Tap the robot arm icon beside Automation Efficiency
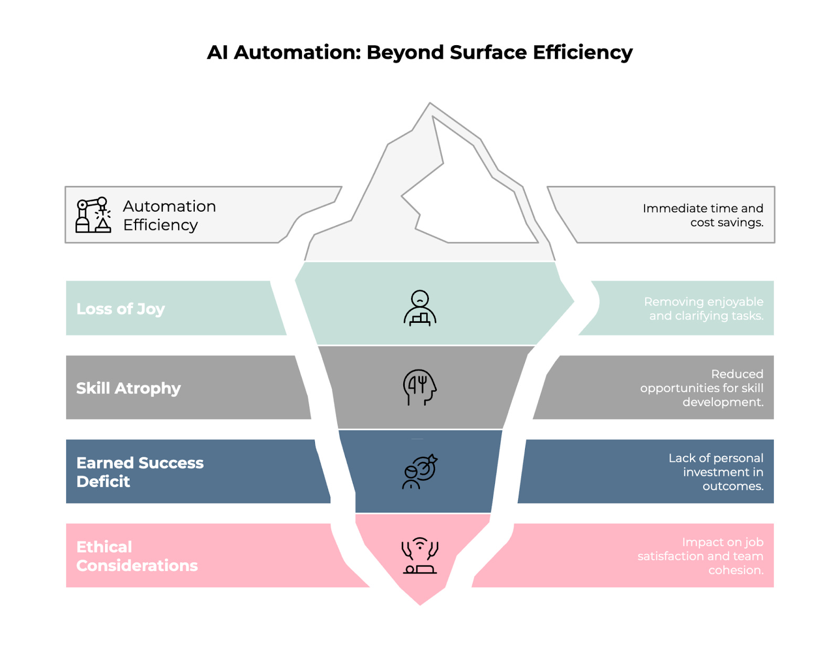point(93,215)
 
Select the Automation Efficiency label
point(169,215)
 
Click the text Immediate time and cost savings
point(703,215)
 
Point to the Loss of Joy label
point(120,309)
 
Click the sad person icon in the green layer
point(420,308)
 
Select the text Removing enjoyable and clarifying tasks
point(703,309)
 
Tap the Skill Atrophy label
point(128,388)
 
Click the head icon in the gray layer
point(419,387)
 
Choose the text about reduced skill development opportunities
point(702,388)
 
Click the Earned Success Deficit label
point(140,472)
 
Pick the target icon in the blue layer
point(419,471)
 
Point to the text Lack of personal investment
point(716,472)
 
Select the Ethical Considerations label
point(136,556)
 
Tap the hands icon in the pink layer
point(419,555)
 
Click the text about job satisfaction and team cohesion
point(700,556)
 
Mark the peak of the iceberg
point(430,104)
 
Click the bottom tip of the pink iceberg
point(420,604)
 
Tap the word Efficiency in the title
point(582,53)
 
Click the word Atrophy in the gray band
point(148,388)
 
